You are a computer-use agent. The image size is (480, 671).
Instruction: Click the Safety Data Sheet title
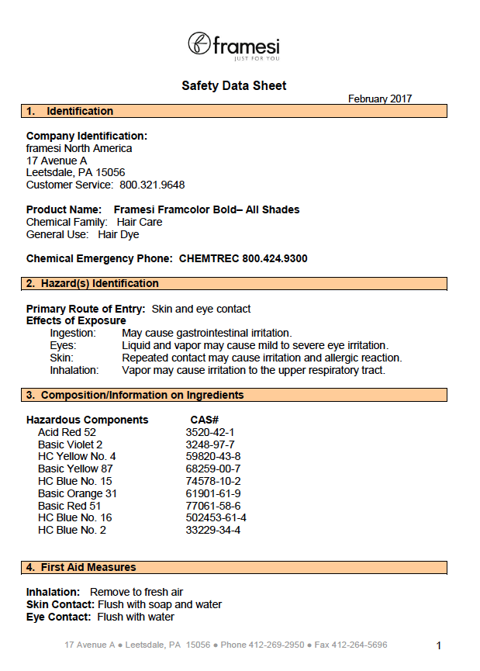click(233, 85)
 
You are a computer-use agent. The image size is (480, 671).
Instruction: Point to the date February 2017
click(380, 99)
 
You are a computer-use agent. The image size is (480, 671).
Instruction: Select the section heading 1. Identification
click(70, 111)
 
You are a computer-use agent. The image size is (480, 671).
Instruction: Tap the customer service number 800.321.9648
click(152, 185)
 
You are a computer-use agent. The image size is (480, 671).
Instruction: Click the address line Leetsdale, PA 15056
click(75, 172)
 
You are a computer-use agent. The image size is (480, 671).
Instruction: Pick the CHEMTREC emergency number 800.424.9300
click(275, 258)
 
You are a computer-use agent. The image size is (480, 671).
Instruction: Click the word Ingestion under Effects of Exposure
click(73, 333)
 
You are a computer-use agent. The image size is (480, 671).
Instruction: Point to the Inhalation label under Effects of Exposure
click(74, 370)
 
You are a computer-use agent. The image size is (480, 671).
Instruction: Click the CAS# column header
click(205, 420)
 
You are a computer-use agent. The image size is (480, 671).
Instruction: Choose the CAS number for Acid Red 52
click(209, 432)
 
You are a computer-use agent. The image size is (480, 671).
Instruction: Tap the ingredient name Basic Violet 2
click(70, 444)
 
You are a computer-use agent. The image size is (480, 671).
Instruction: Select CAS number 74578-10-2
click(212, 481)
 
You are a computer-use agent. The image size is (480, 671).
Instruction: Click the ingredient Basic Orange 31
click(77, 493)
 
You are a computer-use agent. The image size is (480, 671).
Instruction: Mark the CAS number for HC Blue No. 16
click(216, 517)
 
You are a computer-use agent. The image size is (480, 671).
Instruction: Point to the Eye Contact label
click(60, 617)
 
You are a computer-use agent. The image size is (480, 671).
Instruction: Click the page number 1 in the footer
click(439, 645)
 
